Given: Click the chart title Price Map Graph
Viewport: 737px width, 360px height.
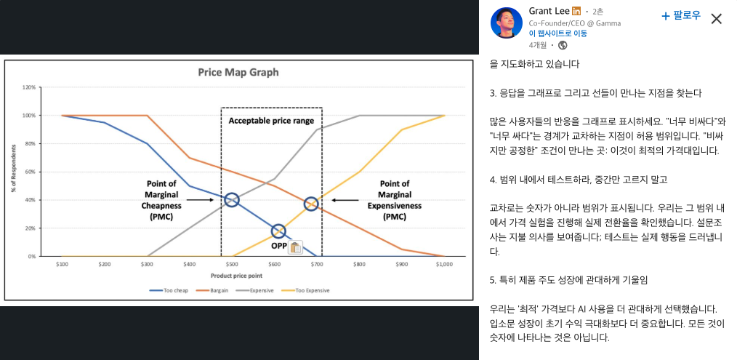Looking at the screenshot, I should point(238,72).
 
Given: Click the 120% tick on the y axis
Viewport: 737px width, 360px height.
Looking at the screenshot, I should point(30,87).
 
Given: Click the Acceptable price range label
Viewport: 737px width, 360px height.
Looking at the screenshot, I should point(271,120).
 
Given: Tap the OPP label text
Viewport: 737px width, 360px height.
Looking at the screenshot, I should point(278,246).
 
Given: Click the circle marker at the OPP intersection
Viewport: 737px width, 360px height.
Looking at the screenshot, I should point(278,231).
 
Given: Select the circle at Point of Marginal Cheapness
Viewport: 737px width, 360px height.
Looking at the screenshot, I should point(232,200).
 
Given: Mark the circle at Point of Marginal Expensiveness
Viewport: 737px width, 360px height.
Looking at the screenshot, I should point(311,204).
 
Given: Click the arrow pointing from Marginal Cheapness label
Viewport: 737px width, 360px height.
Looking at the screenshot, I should point(200,199).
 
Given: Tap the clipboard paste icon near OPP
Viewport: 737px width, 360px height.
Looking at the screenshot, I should point(295,247).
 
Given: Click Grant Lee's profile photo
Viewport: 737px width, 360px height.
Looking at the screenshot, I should point(504,23).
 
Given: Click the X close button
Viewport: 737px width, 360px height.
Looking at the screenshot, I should point(716,19).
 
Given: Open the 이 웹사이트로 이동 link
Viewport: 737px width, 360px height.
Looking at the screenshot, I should point(558,33).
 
